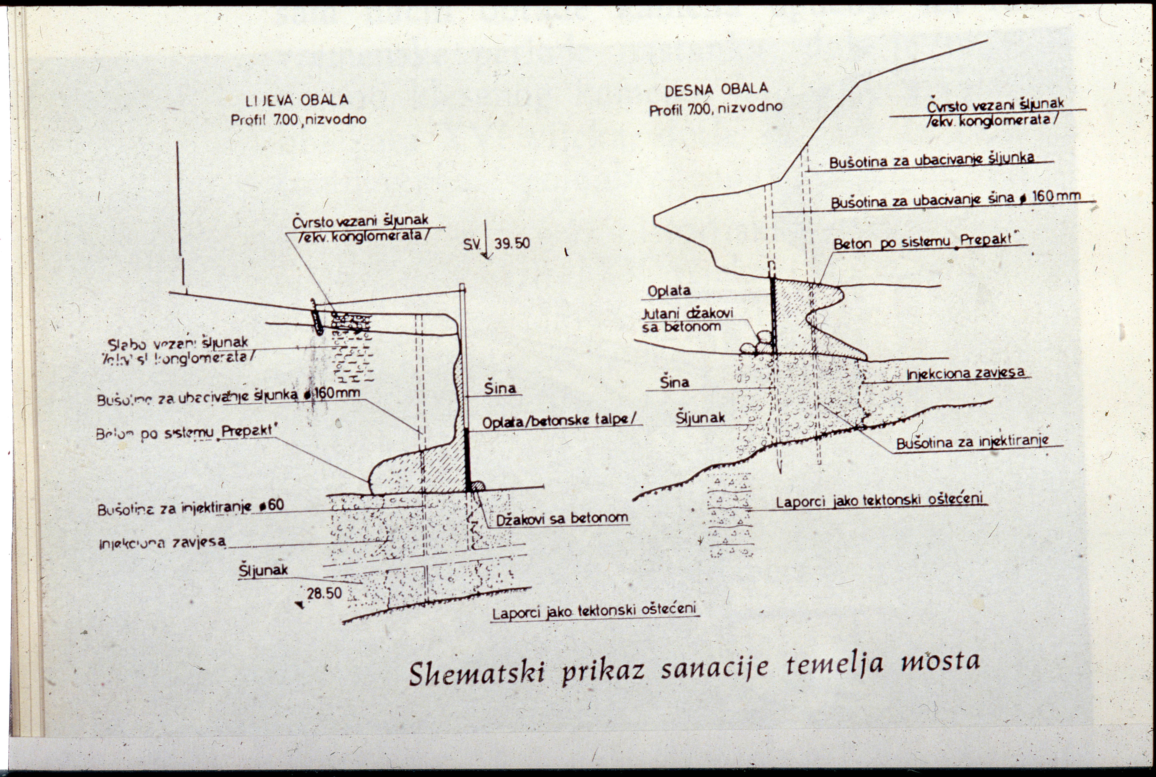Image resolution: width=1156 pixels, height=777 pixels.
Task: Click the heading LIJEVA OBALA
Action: [297, 101]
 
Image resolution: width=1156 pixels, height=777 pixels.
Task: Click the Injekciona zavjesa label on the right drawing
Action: [965, 373]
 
